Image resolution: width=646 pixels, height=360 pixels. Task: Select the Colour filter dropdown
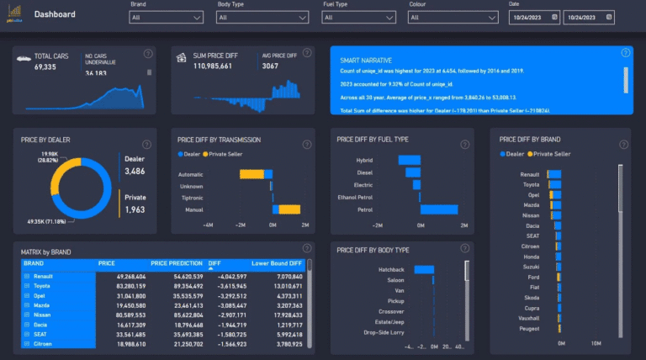(x=453, y=16)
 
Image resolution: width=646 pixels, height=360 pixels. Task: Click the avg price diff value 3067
(x=269, y=66)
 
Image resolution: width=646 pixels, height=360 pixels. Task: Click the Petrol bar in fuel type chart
(x=438, y=209)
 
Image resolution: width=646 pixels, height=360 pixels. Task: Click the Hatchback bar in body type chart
(x=424, y=269)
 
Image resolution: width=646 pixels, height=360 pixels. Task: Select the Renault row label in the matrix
(x=45, y=277)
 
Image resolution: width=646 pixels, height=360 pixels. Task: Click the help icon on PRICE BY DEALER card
(x=146, y=144)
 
